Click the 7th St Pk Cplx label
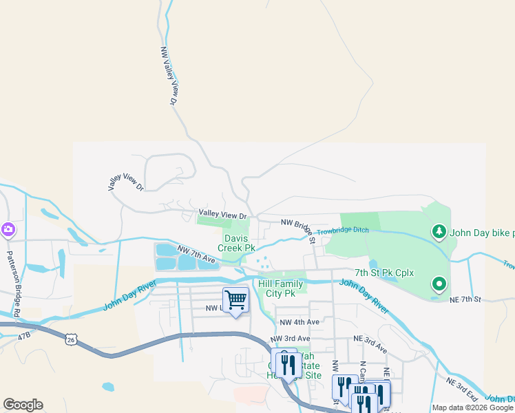point(384,273)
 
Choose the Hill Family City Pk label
point(280,288)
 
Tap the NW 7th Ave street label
point(196,254)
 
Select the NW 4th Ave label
point(299,322)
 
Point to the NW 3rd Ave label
point(290,339)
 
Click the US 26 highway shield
point(71,339)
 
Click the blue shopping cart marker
point(235,299)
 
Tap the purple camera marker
point(8,230)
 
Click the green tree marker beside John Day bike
point(438,232)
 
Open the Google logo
point(23,405)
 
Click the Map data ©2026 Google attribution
point(472,408)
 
